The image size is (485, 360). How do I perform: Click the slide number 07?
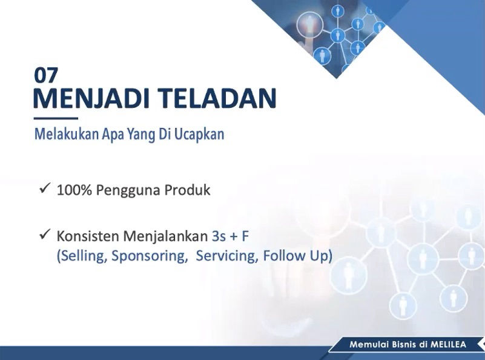46,76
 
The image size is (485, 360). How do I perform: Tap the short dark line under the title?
56,118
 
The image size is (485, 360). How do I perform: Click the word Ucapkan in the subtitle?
199,135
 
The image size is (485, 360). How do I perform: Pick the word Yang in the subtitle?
141,135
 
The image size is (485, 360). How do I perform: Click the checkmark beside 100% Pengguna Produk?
45,188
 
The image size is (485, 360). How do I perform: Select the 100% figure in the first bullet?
74,190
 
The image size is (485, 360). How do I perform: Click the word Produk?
187,190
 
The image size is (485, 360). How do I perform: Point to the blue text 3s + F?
231,236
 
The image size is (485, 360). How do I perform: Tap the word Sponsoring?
150,256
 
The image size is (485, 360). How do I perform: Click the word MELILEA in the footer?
449,344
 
